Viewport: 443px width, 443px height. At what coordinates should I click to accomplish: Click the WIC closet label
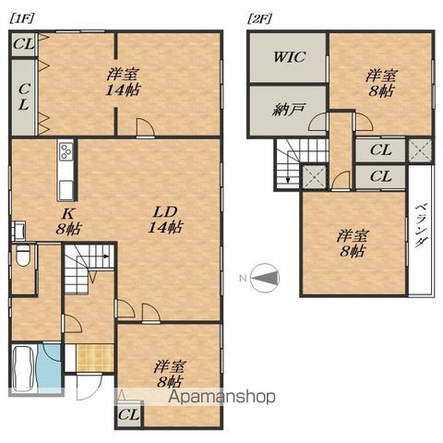pos(288,55)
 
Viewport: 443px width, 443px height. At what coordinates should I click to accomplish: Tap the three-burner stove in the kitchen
pos(66,151)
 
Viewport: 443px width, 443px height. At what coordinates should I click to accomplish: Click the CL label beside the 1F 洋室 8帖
pos(128,416)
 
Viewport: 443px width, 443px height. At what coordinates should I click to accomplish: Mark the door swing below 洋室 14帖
pos(144,128)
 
